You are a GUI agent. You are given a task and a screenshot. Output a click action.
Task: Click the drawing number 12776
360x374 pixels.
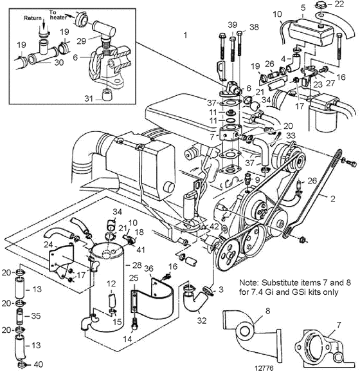pyautogui.click(x=264, y=368)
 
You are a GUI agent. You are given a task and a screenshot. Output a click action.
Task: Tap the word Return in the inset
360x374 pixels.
pyautogui.click(x=33, y=18)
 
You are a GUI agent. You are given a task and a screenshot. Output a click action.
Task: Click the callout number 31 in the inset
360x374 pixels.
pyautogui.click(x=89, y=98)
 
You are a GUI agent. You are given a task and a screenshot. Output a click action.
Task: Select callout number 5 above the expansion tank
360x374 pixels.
pyautogui.click(x=303, y=8)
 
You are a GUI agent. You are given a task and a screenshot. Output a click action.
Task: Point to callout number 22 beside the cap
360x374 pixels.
pyautogui.click(x=339, y=4)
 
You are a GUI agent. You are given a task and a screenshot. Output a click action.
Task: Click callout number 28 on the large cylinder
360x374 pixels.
pyautogui.click(x=137, y=265)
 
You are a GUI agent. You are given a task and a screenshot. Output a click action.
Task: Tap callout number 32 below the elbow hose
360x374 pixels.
pyautogui.click(x=202, y=321)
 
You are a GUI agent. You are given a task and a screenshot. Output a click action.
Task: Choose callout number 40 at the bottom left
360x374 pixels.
pyautogui.click(x=39, y=364)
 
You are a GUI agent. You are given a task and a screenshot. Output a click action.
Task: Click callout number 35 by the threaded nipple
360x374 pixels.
pyautogui.click(x=36, y=316)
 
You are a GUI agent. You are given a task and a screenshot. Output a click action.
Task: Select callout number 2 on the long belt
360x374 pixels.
pyautogui.click(x=332, y=198)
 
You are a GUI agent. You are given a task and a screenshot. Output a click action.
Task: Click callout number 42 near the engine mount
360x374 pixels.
pyautogui.click(x=214, y=227)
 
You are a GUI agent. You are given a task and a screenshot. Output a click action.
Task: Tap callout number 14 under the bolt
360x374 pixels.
pyautogui.click(x=127, y=339)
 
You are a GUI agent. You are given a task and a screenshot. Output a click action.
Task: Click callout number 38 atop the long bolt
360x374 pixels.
pyautogui.click(x=254, y=27)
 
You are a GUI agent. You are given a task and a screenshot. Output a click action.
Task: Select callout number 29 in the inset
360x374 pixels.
pyautogui.click(x=81, y=41)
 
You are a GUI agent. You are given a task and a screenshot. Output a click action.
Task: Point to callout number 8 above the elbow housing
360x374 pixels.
pyautogui.click(x=267, y=311)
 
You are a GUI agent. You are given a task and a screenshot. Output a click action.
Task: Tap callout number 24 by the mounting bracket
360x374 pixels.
pyautogui.click(x=48, y=245)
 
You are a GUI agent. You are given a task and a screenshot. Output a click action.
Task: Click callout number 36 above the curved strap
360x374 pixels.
pyautogui.click(x=149, y=268)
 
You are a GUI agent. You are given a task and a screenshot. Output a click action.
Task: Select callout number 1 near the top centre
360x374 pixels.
pyautogui.click(x=185, y=35)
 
